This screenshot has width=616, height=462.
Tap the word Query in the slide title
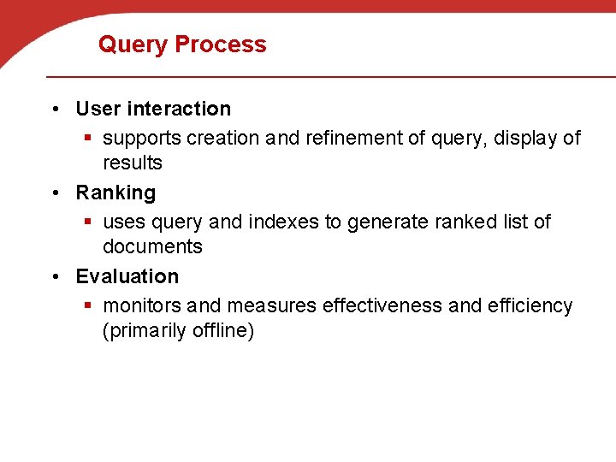[132, 44]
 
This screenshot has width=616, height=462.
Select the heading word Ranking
[115, 193]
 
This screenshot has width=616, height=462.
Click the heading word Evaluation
[127, 276]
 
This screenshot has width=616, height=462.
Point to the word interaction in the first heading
[179, 109]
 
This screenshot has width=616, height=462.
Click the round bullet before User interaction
[55, 110]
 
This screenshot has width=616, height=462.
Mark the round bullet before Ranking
[55, 193]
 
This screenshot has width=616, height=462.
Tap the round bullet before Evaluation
[55, 277]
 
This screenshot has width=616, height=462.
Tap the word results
[132, 163]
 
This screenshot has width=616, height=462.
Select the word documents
[152, 246]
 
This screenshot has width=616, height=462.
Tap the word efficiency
[530, 305]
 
